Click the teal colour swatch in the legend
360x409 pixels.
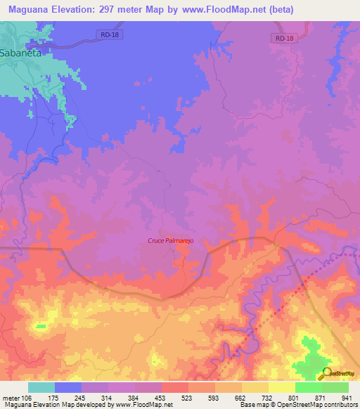(41, 387)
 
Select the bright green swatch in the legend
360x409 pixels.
(308, 387)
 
